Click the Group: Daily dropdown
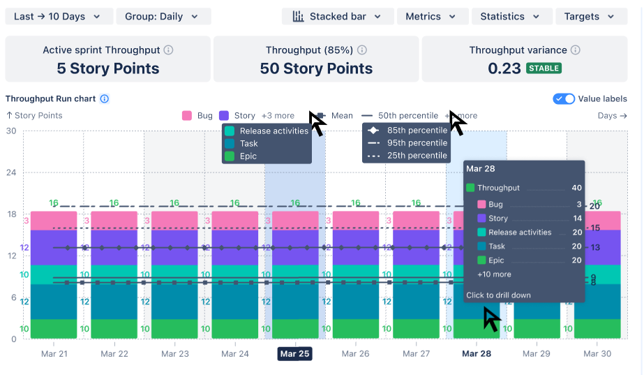[163, 17]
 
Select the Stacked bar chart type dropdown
[338, 17]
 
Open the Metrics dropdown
[432, 17]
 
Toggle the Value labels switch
[564, 99]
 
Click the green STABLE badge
[544, 68]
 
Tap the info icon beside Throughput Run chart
[105, 99]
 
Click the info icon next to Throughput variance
[576, 50]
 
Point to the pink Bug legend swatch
[187, 116]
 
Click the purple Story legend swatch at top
[224, 116]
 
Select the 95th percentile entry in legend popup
[417, 143]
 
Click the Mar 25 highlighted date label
[294, 354]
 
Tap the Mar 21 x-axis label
[54, 354]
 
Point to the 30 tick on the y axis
[10, 131]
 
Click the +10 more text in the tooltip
[494, 274]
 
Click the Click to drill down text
[498, 295]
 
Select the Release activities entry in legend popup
[274, 131]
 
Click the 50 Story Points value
[316, 68]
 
